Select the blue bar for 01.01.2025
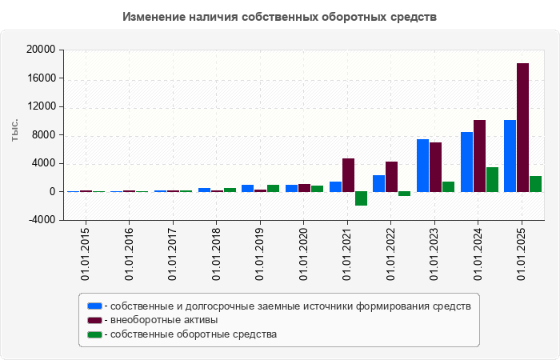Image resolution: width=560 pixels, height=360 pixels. tap(510, 156)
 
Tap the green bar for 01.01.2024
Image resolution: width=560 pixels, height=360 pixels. tap(492, 179)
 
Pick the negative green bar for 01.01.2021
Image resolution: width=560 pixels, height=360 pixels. tap(361, 198)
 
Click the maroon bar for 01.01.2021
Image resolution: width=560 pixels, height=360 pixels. tap(348, 175)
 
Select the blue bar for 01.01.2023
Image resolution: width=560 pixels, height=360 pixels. tap(422, 166)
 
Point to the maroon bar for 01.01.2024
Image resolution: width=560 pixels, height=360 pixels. tap(479, 156)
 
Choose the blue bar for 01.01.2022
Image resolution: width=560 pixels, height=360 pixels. tap(378, 183)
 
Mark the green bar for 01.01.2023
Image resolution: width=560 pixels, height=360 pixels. tap(448, 186)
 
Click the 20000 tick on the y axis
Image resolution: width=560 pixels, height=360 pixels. tap(41, 50)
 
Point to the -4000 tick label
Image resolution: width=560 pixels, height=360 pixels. tap(41, 220)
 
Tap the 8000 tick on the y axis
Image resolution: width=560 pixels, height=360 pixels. tap(43, 135)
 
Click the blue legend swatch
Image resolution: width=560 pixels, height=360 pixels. tap(95, 306)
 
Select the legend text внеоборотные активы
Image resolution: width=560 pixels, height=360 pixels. tap(164, 320)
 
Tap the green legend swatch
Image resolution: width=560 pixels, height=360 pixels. tap(95, 334)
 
